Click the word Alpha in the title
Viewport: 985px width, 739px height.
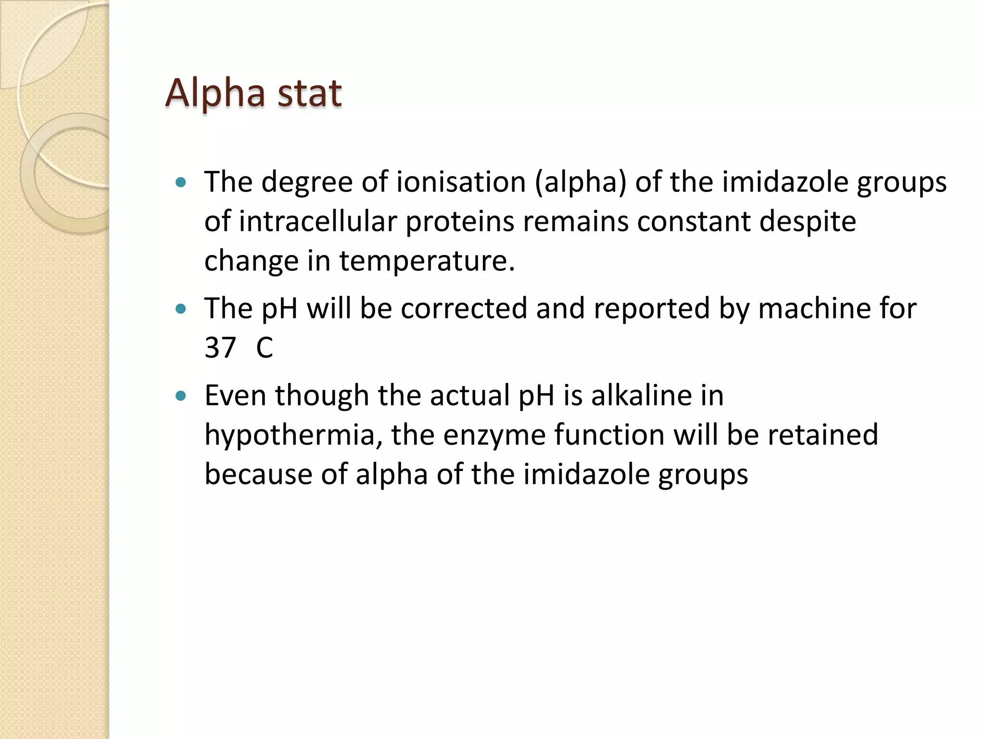[215, 93]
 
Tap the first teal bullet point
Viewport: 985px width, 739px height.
[181, 182]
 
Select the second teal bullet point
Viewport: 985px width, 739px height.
[181, 308]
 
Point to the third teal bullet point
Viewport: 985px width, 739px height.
[181, 396]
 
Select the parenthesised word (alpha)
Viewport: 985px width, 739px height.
[581, 182]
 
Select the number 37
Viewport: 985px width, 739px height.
[220, 348]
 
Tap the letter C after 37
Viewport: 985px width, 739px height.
[265, 348]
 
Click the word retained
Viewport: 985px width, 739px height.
[822, 435]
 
